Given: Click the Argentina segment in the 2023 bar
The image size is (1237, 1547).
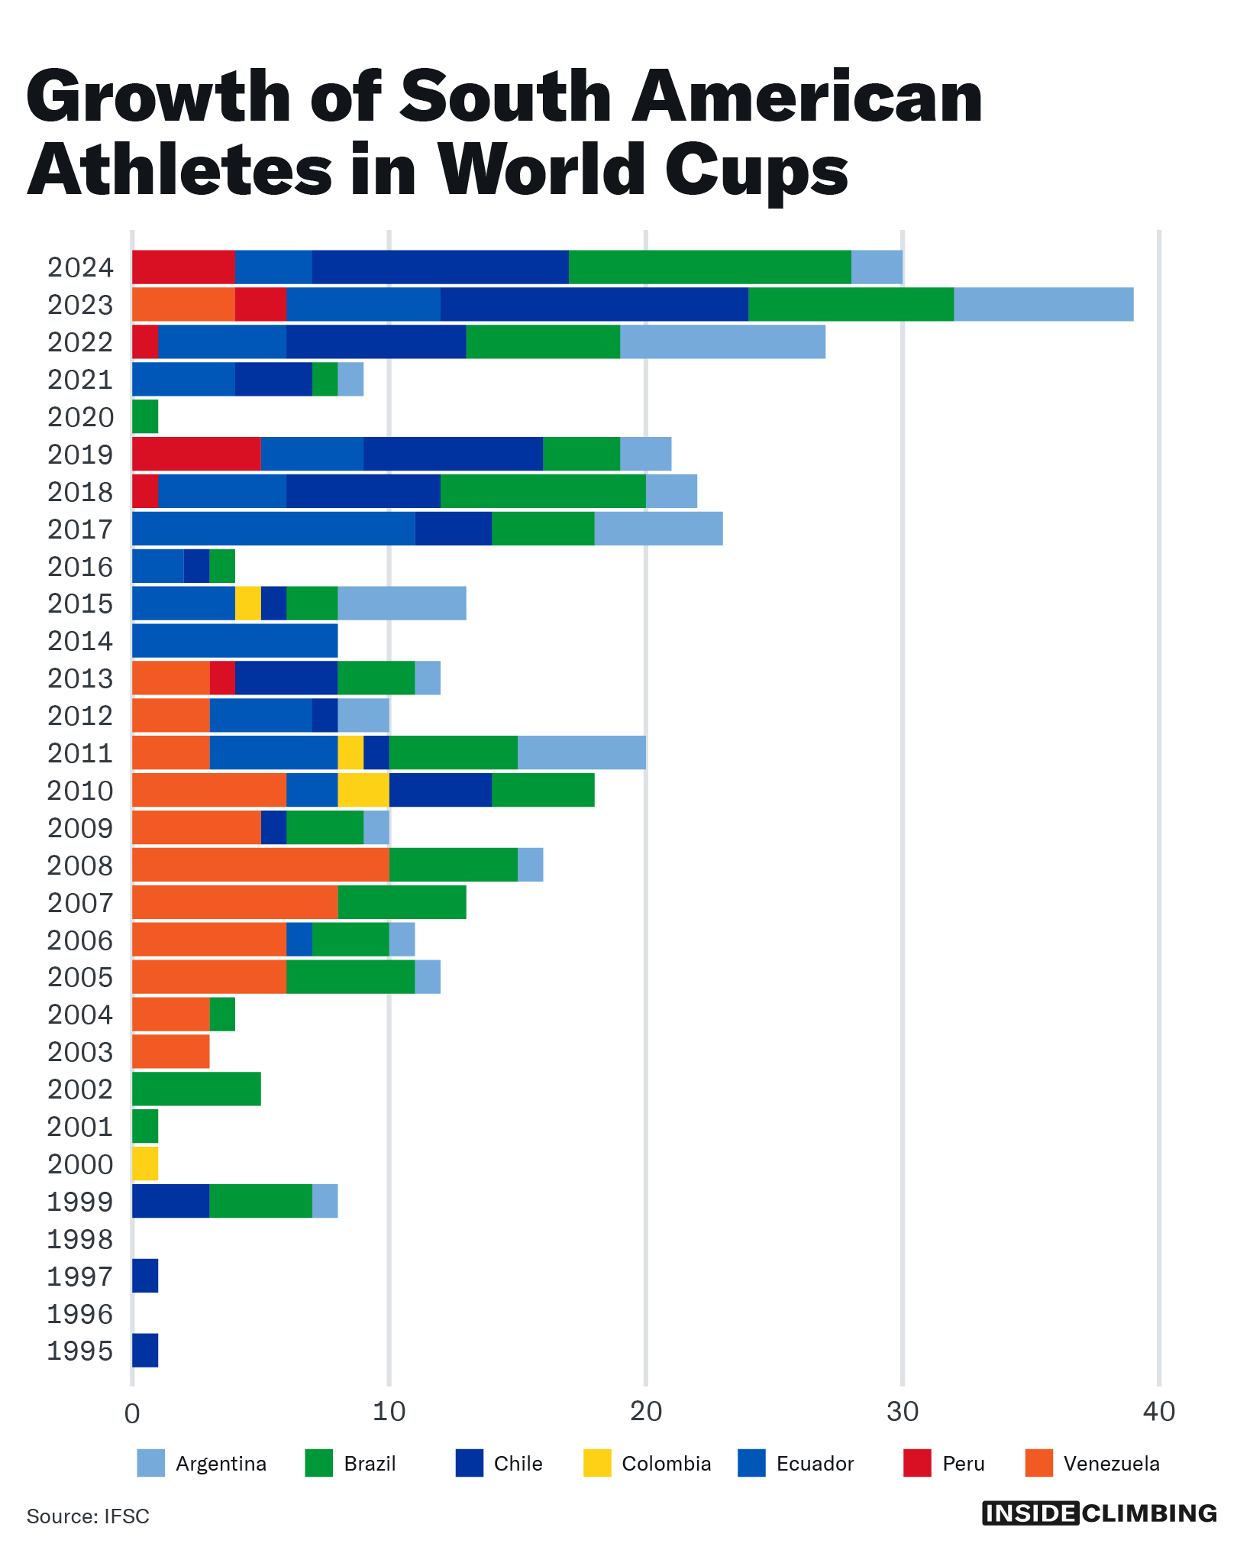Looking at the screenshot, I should click(1043, 305).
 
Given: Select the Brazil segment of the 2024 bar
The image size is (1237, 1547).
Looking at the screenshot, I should click(709, 267).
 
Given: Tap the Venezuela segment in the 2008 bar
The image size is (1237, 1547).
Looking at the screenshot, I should click(260, 865).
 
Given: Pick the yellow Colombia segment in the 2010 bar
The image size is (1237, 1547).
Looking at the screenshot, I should click(363, 790).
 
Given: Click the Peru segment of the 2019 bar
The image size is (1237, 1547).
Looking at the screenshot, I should click(196, 454).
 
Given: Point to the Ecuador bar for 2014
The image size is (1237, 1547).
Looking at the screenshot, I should click(235, 640).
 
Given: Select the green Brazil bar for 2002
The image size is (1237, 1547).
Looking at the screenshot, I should click(196, 1089).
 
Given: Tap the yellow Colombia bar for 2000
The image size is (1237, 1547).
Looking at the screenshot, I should click(145, 1163).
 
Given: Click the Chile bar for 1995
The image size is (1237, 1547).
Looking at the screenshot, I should click(145, 1350).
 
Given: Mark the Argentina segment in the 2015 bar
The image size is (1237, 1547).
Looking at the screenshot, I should click(402, 604).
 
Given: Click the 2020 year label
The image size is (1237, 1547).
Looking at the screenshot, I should click(80, 417).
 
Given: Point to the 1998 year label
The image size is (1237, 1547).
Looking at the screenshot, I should click(80, 1238).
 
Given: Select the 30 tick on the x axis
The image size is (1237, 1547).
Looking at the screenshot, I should click(903, 1412).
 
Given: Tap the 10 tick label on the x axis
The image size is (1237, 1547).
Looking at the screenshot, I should click(389, 1412).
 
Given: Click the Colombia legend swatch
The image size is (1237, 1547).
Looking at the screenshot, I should click(597, 1463).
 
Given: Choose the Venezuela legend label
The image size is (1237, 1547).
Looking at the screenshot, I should click(1111, 1464).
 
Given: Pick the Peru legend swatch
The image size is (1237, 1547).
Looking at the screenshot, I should click(917, 1463).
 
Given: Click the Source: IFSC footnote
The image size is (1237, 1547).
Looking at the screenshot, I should click(88, 1516).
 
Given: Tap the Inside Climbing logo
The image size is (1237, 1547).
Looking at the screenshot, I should click(1100, 1513).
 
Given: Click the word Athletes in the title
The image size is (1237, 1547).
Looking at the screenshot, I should click(180, 170).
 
